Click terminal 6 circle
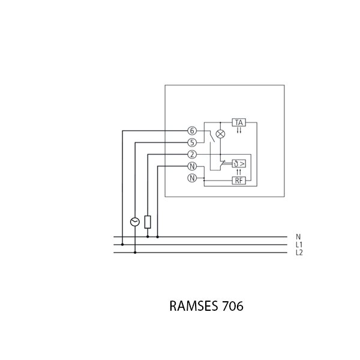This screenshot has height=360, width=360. tap(192, 131)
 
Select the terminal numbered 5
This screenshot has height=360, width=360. tap(192, 143)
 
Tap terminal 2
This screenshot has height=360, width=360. tap(192, 154)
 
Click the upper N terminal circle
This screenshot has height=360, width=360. tap(192, 166)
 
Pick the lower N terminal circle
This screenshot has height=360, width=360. tap(192, 178)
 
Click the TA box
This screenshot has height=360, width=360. tap(239, 122)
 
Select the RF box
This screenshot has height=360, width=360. tap(239, 180)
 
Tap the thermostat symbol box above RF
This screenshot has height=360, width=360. tap(239, 163)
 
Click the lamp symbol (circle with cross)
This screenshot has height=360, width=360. tap(220, 134)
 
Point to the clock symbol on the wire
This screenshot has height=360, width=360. tap(135, 222)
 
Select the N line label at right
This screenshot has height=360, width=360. tap(298, 237)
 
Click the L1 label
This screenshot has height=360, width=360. tap(299, 245)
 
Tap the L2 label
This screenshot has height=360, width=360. tap(299, 253)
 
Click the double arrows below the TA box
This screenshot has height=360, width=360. tap(239, 131)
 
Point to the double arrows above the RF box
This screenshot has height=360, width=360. tap(239, 172)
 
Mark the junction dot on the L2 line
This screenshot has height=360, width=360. tap(135, 253)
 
